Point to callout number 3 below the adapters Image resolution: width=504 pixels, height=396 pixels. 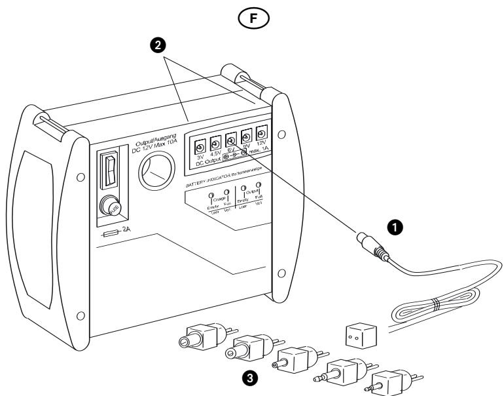coord(249,378)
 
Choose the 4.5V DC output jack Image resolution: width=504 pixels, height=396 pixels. coord(215,142)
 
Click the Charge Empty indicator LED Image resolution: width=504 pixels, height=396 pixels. coord(209,197)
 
